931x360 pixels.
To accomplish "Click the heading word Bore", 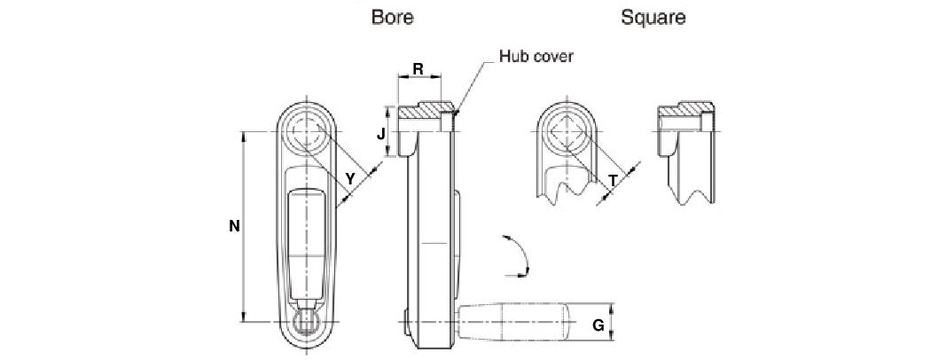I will pos(392,17).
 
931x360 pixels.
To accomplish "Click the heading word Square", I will pos(653,17).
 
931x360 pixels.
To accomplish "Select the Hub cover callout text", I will pos(536,56).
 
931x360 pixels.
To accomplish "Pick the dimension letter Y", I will pos(350,179).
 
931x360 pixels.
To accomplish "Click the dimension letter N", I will pos(234,226).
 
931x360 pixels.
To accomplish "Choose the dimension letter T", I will pos(613,181).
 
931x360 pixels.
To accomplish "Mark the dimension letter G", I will pos(598,325).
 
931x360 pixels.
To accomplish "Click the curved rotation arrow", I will pos(518,257).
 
